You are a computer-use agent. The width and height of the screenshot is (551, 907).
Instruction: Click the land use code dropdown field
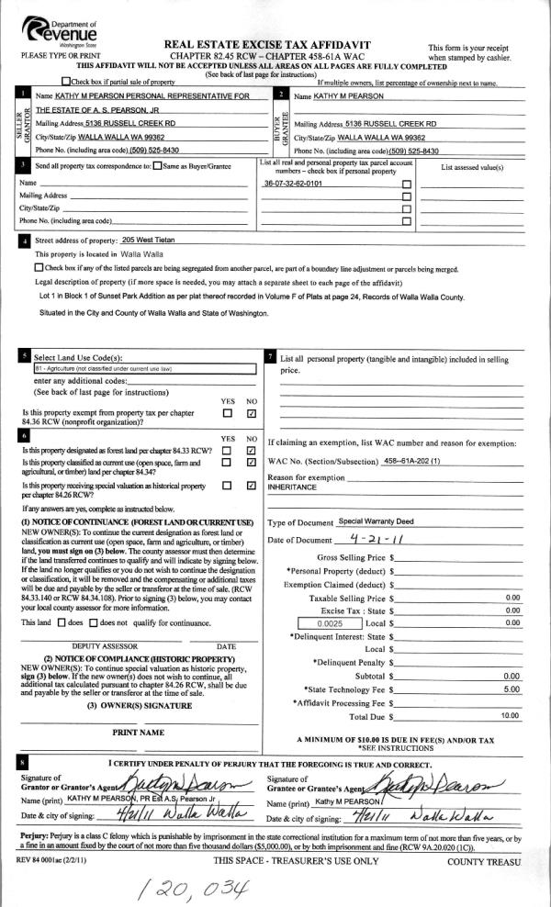(x=130, y=368)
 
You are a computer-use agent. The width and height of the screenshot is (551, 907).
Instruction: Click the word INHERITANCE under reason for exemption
(x=292, y=487)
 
